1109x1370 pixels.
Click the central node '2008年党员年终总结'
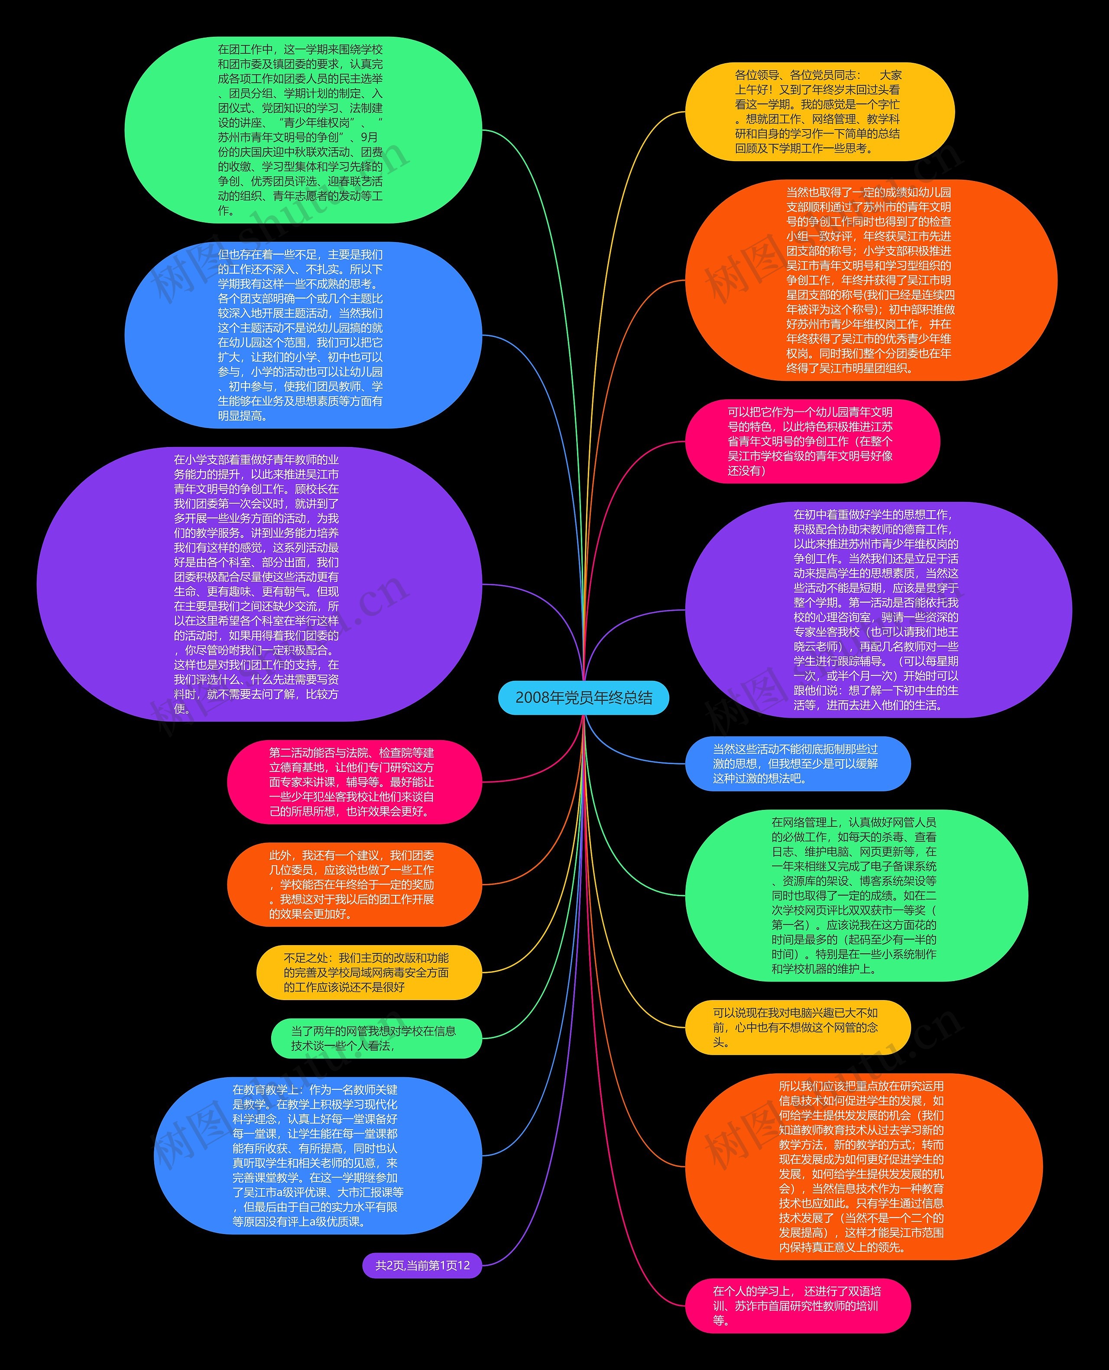coord(583,697)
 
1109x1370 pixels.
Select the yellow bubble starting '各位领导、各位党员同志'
coord(820,112)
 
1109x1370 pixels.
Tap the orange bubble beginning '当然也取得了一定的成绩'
coord(871,280)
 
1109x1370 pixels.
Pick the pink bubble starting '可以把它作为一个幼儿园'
coord(812,441)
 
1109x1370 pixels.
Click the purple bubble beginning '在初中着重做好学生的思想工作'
coord(879,610)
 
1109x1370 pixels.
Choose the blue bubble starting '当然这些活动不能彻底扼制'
coord(797,764)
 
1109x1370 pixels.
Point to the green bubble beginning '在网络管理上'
coord(856,895)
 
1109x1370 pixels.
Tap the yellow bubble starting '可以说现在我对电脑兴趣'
coord(797,1028)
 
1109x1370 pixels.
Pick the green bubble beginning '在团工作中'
coord(303,130)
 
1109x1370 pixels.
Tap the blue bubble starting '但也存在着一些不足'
coord(303,335)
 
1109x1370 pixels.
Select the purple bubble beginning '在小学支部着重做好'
coord(259,584)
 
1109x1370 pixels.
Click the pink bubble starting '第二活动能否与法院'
coord(354,782)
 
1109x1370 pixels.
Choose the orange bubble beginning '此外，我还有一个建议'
coord(354,884)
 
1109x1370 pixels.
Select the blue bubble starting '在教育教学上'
coord(318,1156)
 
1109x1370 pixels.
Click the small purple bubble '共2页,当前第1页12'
coord(422,1265)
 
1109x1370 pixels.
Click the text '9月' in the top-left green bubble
coord(369,137)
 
